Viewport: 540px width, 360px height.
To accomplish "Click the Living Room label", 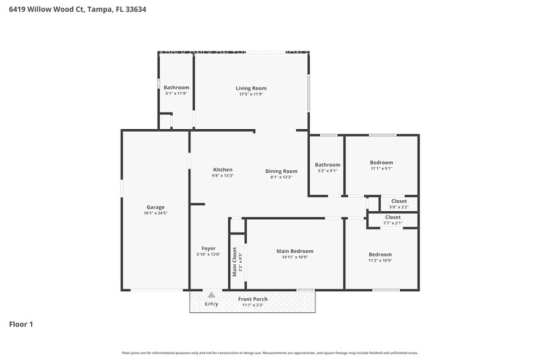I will pos(251,88).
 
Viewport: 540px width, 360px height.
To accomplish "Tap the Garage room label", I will pos(155,207).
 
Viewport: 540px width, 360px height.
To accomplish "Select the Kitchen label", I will pos(222,170).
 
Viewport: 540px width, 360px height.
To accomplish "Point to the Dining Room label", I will pos(281,171).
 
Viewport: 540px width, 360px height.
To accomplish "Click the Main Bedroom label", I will pos(294,251).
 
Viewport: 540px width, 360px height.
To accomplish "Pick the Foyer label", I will pos(208,248).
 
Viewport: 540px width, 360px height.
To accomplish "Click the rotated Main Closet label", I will pos(234,261).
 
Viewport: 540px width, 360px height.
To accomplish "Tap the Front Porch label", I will pos(253,299).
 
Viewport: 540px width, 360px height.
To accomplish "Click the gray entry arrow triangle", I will pos(211,295).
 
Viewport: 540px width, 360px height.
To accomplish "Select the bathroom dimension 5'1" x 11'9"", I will pos(176,94).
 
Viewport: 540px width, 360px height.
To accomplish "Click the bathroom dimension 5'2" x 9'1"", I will pos(328,171).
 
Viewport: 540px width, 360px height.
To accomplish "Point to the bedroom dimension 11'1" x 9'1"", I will pos(381,168).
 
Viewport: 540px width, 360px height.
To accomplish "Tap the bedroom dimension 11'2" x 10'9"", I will pos(380,261).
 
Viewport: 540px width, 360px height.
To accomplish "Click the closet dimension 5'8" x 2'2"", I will pos(399,206).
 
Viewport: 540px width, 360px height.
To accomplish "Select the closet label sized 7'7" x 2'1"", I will pos(393,217).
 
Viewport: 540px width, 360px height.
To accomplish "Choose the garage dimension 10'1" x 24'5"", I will pos(155,213).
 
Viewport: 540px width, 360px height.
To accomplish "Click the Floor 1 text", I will pos(21,324).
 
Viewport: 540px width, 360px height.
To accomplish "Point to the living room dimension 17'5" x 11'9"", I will pos(251,94).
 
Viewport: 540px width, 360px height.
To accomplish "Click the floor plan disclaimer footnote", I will pos(269,353).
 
